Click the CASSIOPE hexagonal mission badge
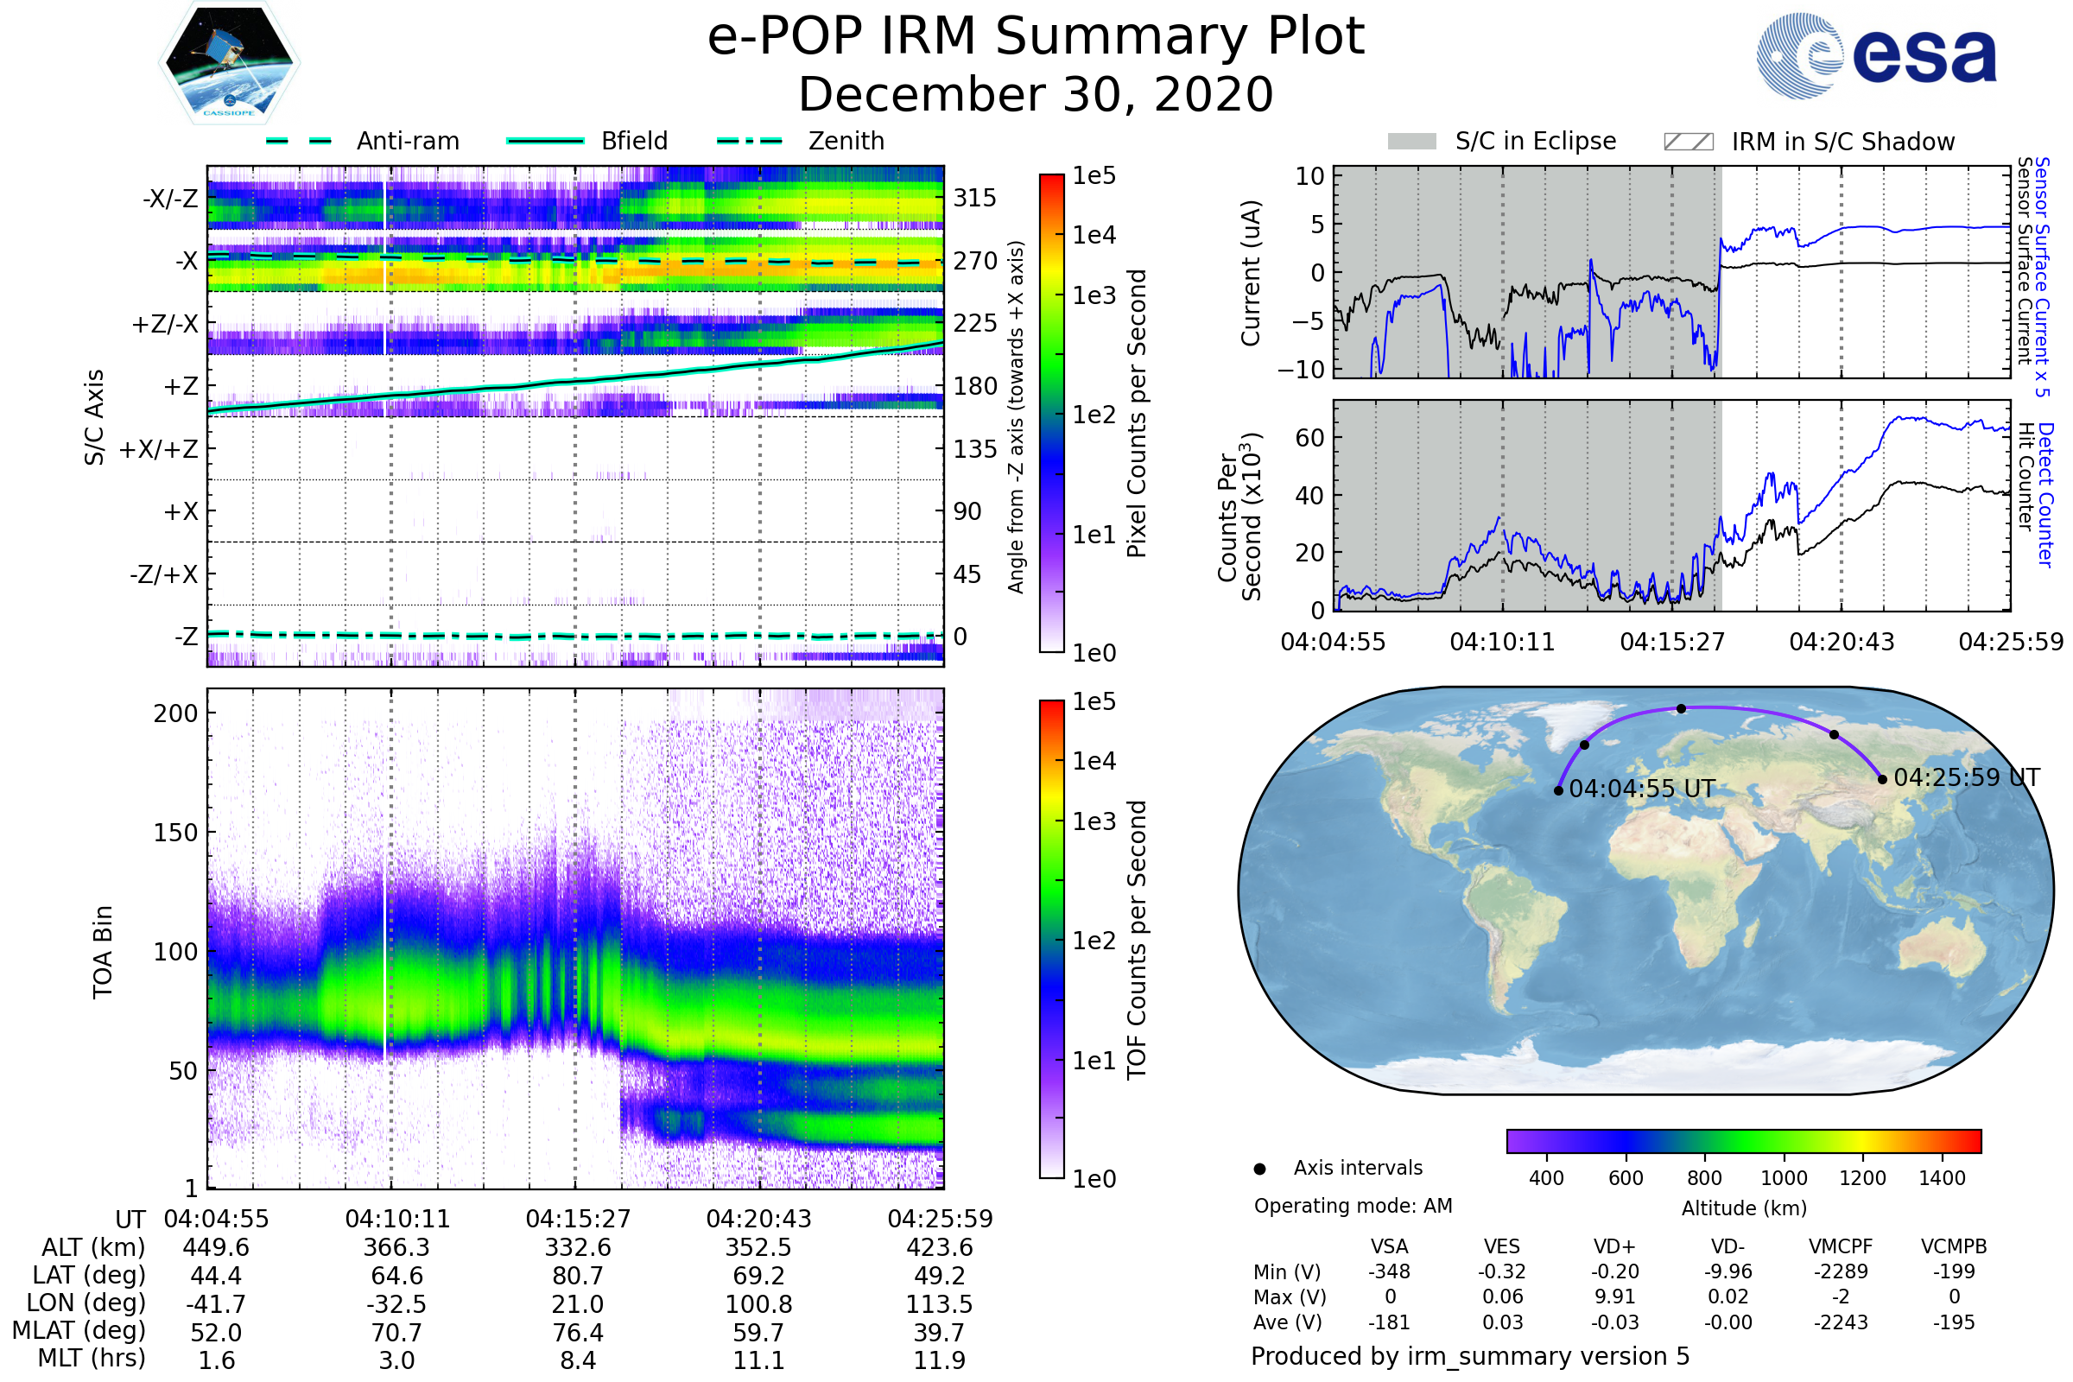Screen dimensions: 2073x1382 point(229,61)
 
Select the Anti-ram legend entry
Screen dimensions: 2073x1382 point(362,141)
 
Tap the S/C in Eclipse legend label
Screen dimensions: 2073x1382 point(1536,141)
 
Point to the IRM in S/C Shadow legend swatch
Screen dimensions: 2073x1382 point(1688,142)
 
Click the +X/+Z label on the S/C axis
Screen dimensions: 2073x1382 point(159,449)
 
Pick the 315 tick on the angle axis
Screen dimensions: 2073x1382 point(975,199)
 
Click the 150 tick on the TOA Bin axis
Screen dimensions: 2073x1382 point(176,833)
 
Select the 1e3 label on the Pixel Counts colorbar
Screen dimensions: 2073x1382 point(1094,295)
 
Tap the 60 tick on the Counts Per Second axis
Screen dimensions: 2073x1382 point(1309,438)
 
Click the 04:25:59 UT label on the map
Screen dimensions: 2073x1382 point(1967,777)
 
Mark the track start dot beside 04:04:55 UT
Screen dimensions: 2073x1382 point(1558,790)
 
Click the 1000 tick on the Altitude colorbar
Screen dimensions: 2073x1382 point(1783,1178)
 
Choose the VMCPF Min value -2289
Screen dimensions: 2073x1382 point(1841,1271)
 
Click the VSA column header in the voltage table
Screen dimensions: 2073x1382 point(1389,1246)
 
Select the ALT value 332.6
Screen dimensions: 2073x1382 point(578,1248)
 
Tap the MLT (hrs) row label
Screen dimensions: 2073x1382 point(92,1358)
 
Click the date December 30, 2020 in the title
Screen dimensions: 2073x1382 point(1036,94)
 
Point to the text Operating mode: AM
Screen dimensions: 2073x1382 point(1353,1206)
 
